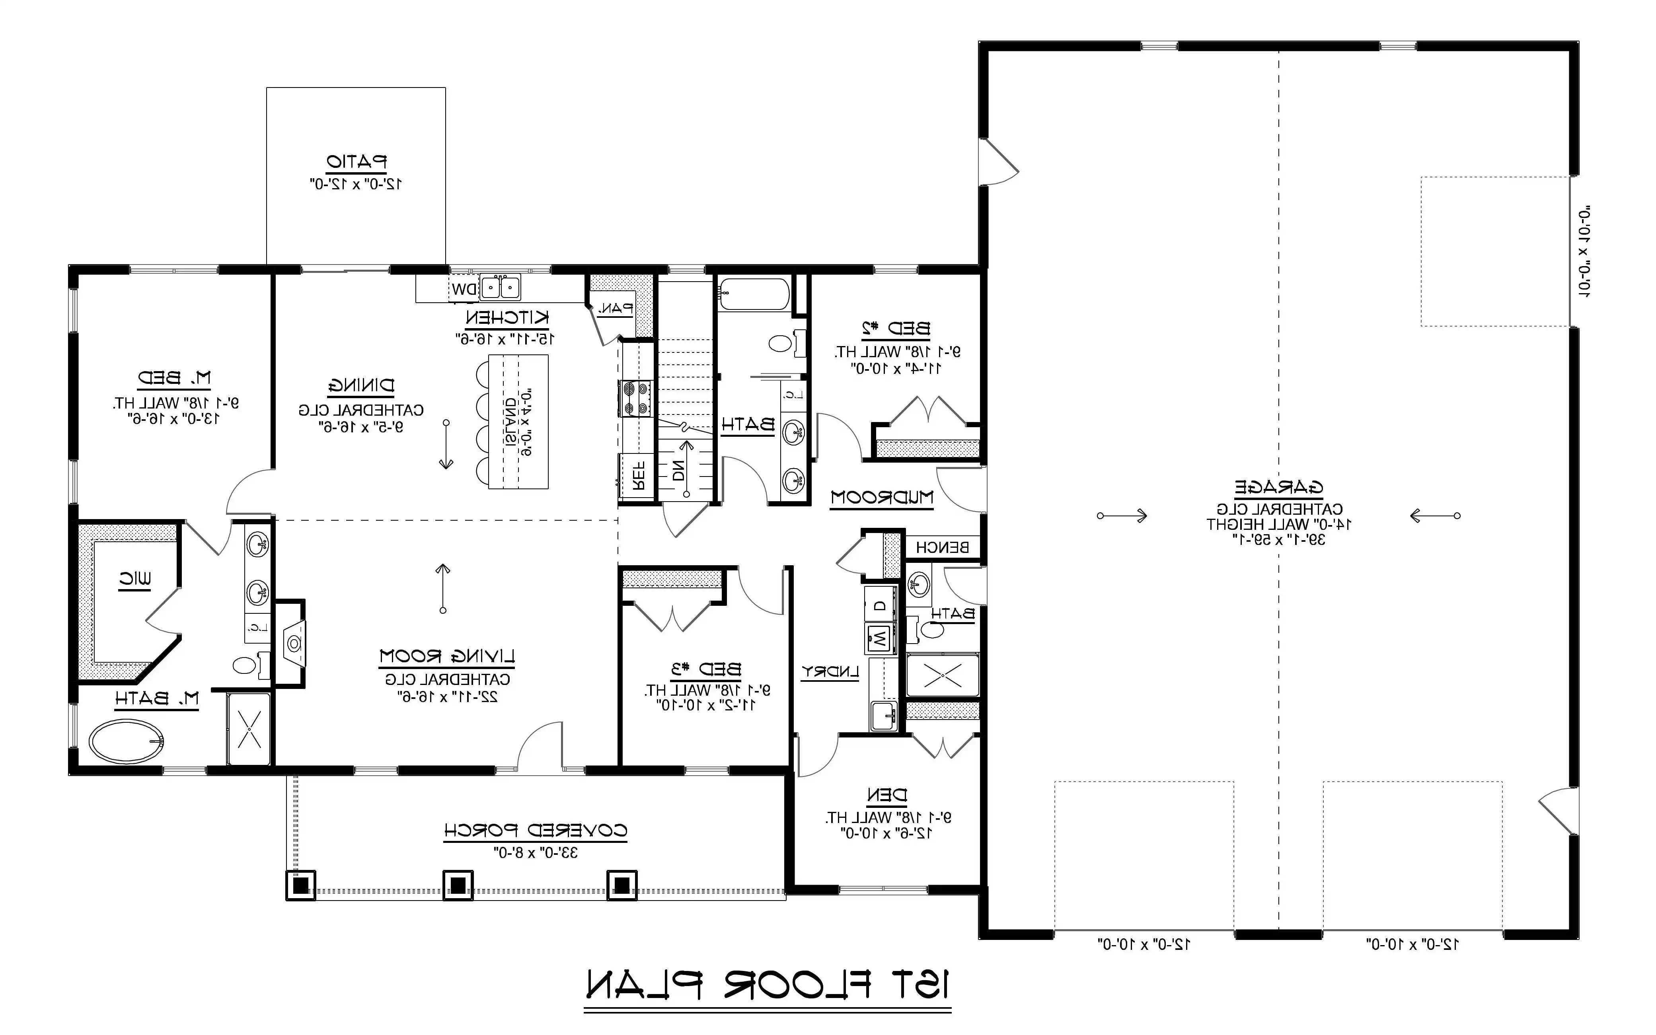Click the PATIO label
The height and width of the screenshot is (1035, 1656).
[x=357, y=162]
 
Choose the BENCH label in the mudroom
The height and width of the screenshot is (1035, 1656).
[x=942, y=547]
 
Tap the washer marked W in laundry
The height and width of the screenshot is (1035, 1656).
[x=880, y=639]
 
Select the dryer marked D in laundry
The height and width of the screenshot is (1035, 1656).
[x=881, y=605]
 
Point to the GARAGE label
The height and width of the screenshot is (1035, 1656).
[x=1279, y=487]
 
